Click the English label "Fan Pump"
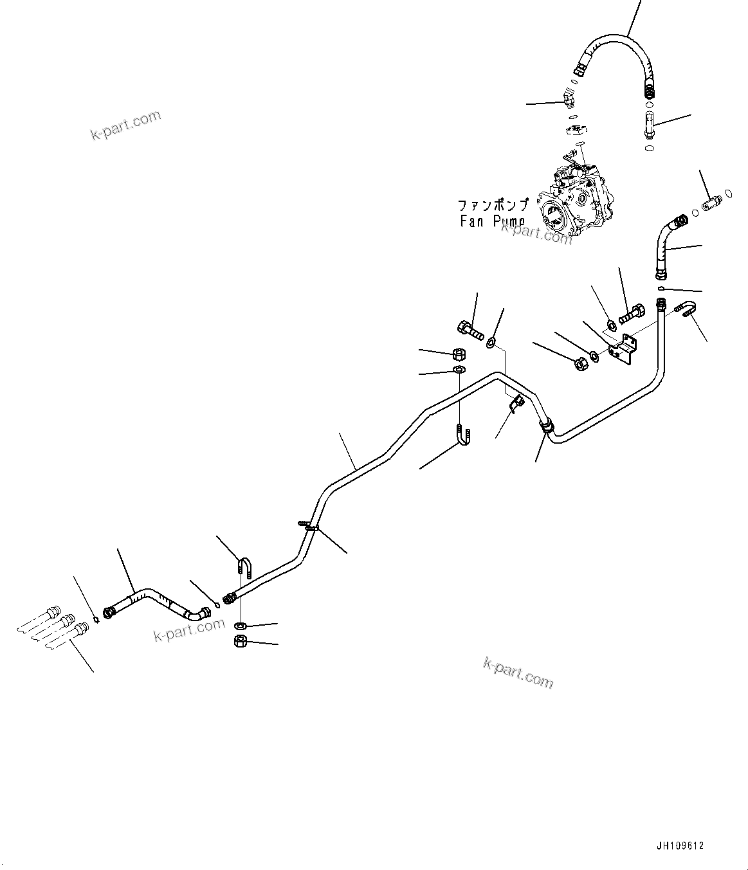(492, 222)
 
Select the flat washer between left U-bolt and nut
(240, 625)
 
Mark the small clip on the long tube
(516, 403)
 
